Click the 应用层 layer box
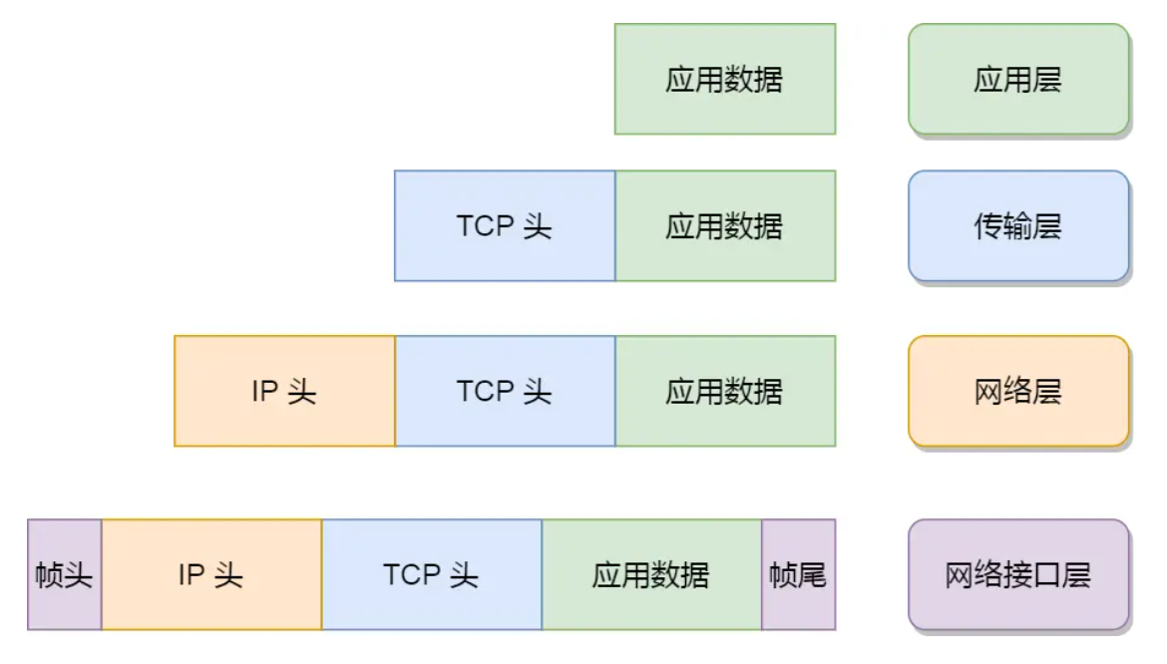coord(1018,80)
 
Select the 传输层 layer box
coord(1018,226)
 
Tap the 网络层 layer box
coord(1018,391)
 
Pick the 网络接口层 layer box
coord(1018,574)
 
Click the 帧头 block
coord(65,574)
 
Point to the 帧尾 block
coord(798,574)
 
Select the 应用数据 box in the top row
coord(724,80)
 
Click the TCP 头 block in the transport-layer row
coord(505,226)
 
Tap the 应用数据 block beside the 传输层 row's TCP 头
coord(724,226)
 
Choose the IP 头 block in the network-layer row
coord(284,391)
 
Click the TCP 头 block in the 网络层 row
coord(505,391)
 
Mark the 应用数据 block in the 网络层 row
coord(724,391)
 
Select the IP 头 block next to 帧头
coord(211,574)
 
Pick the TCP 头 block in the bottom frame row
coord(432,574)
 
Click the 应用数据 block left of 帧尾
coord(651,574)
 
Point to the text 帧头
coord(65,575)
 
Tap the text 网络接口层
coord(1018,575)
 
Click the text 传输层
coord(1018,227)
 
